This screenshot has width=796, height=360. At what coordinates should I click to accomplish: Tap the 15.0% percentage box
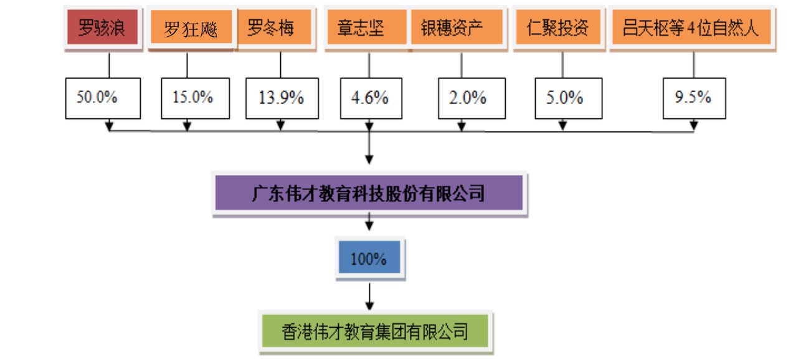point(193,98)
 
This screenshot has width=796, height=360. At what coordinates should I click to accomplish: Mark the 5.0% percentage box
point(568,98)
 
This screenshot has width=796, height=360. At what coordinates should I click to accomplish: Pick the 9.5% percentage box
point(693,98)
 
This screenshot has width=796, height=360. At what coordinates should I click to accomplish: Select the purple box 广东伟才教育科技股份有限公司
point(369,194)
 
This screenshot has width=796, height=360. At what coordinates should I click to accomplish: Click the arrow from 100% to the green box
point(369,296)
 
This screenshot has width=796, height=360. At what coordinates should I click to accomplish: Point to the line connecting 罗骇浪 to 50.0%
point(109,65)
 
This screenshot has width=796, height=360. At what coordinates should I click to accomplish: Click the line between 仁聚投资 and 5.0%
point(562,65)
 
